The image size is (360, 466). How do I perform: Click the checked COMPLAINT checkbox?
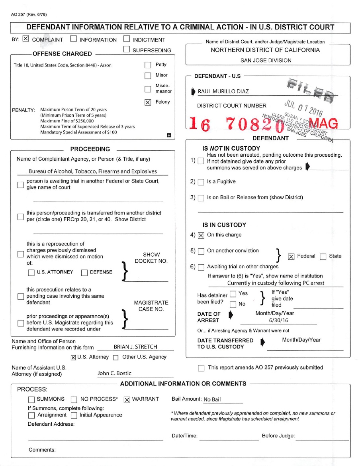(x=26, y=39)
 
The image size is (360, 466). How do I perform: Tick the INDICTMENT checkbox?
(x=126, y=39)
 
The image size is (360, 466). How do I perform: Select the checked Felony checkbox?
(x=148, y=102)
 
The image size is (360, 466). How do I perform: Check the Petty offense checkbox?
(x=148, y=65)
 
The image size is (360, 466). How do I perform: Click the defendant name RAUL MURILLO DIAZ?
(x=223, y=91)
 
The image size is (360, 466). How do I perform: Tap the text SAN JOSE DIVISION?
(x=266, y=61)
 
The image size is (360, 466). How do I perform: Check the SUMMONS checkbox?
(x=31, y=399)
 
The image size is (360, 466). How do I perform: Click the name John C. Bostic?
(x=115, y=374)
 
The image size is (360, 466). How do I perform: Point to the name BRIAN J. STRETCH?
(x=135, y=347)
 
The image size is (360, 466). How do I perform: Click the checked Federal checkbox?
(x=291, y=256)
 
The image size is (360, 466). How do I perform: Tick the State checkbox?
(x=323, y=256)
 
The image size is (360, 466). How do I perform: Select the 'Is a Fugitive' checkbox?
(x=201, y=182)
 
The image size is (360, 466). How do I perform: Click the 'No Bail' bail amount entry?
(x=212, y=400)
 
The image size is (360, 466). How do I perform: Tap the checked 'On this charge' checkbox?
(x=201, y=235)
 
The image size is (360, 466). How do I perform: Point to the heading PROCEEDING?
(x=90, y=149)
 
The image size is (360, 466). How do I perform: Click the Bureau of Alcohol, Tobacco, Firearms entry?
(x=93, y=171)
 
